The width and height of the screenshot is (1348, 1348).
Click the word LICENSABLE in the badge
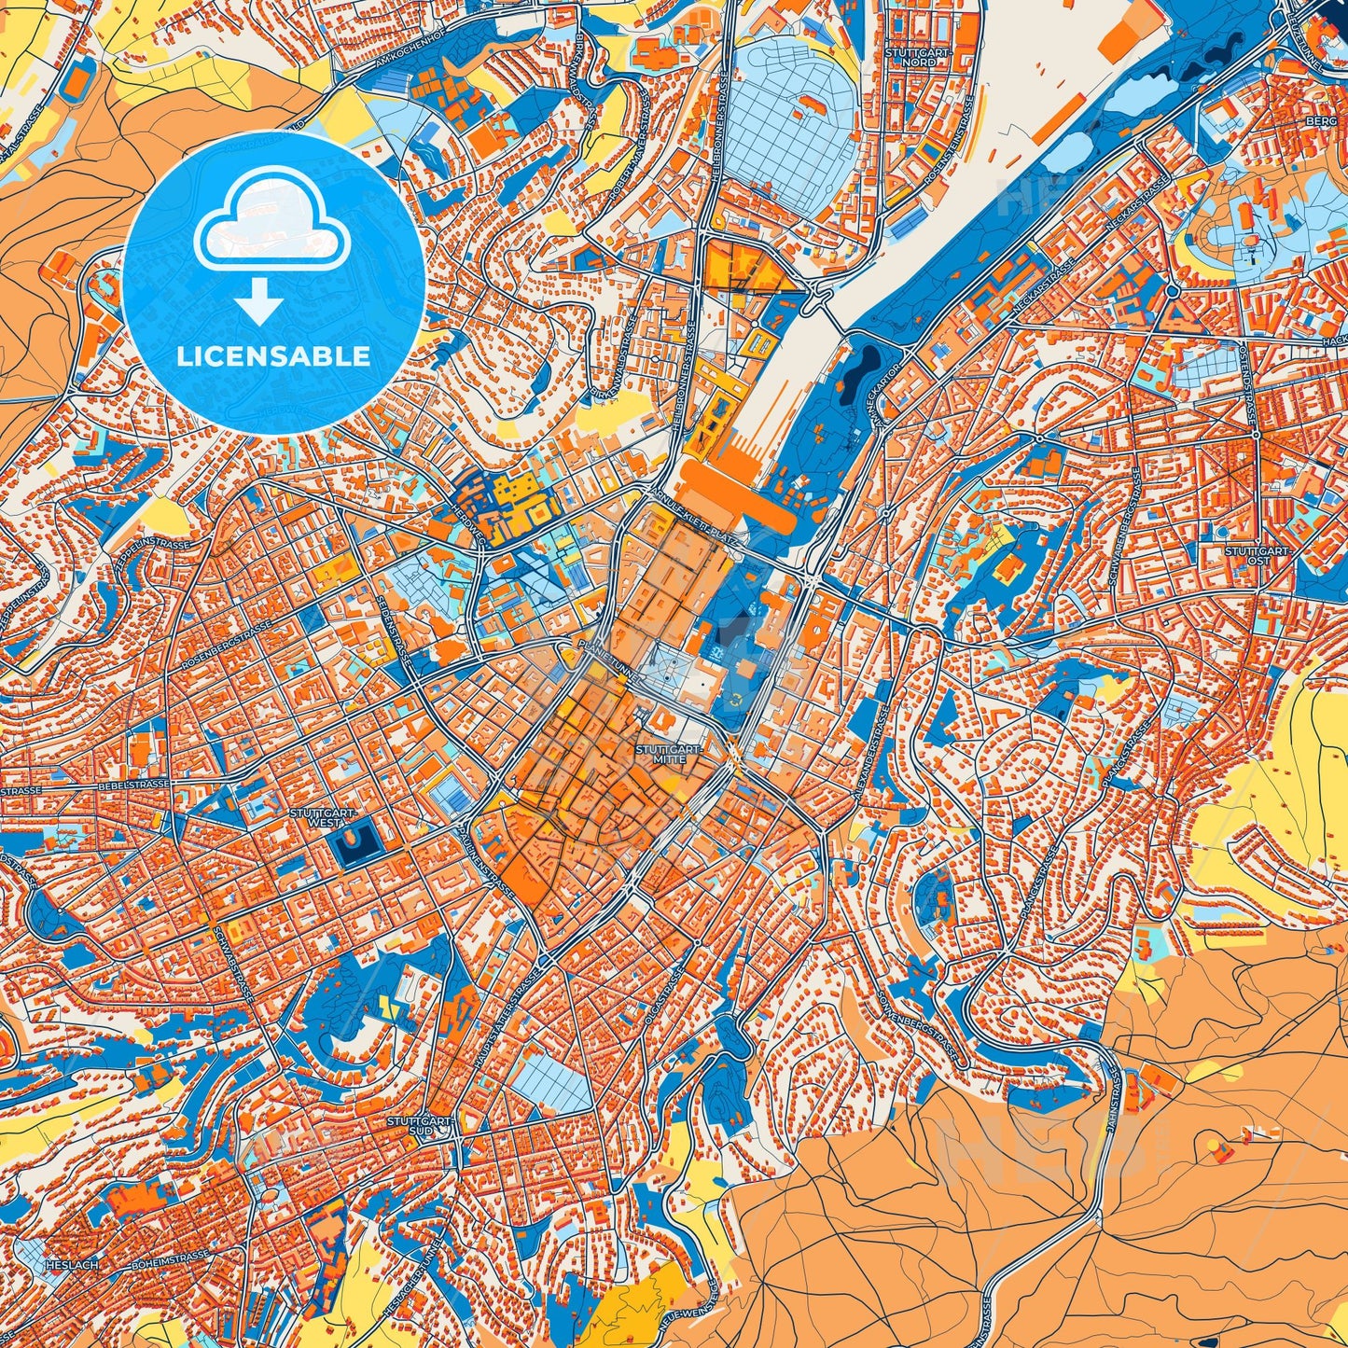tap(274, 356)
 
